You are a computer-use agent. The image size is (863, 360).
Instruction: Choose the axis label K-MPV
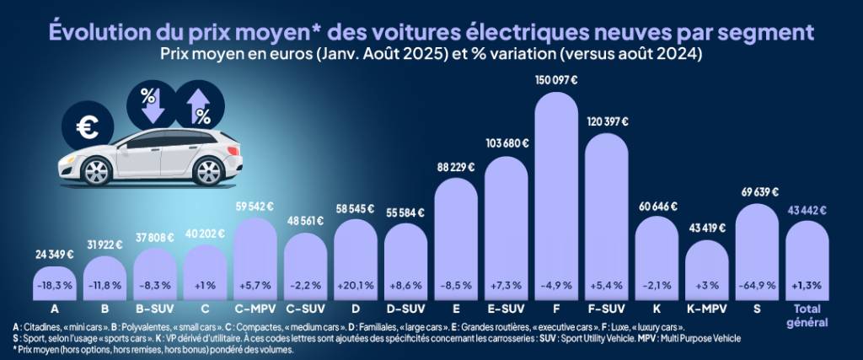pyautogui.click(x=707, y=309)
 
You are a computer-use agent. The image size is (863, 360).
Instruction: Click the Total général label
pyautogui.click(x=807, y=315)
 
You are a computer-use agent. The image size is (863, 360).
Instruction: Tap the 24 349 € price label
pyautogui.click(x=54, y=254)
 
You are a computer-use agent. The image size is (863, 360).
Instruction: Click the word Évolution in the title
pyautogui.click(x=94, y=31)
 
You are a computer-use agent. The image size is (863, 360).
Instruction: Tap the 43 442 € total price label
pyautogui.click(x=807, y=208)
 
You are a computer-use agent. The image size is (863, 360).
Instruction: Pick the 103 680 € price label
pyautogui.click(x=507, y=143)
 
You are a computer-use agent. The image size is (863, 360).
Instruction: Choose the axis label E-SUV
pyautogui.click(x=506, y=309)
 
